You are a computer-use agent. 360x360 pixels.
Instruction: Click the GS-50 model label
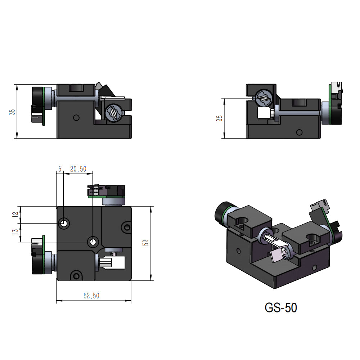(x=281, y=308)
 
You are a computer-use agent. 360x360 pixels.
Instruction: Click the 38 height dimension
(x=12, y=112)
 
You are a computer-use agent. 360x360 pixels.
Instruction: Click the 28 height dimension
(x=219, y=118)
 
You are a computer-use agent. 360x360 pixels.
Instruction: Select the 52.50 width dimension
(x=91, y=296)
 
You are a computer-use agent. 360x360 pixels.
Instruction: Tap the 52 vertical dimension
(x=146, y=243)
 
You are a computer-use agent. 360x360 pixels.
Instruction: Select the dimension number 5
(x=60, y=169)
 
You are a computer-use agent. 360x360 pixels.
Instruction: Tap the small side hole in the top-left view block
(x=76, y=117)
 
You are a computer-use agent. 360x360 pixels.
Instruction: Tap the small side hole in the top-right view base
(x=298, y=132)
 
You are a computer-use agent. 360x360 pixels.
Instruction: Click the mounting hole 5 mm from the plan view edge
(x=64, y=224)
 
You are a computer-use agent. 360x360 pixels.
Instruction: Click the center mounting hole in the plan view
(x=93, y=241)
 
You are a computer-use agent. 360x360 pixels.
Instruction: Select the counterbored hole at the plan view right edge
(x=126, y=227)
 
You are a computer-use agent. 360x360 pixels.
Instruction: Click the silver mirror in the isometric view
(x=276, y=255)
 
